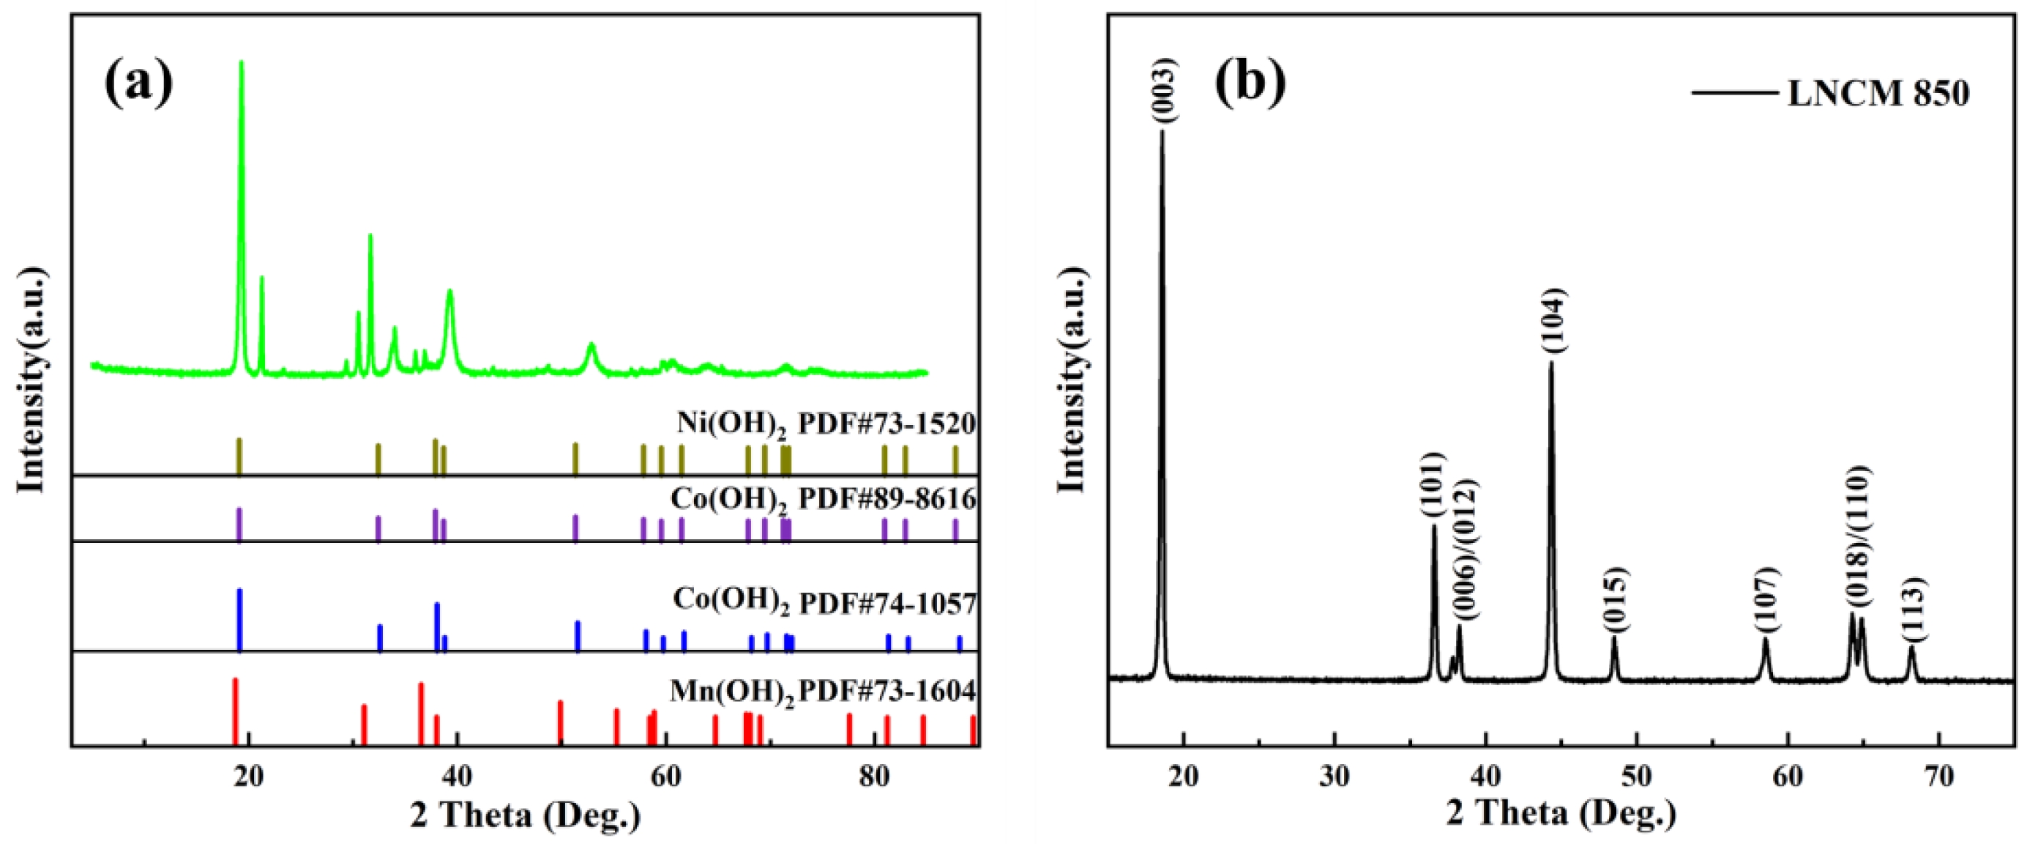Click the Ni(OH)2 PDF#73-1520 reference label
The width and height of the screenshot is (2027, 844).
pos(826,424)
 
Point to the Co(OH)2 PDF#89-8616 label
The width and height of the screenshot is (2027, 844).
pos(823,500)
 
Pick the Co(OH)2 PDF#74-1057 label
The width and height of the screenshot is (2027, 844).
pos(824,603)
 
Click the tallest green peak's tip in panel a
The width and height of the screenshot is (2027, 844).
pos(241,62)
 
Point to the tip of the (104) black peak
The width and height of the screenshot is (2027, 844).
pos(1551,363)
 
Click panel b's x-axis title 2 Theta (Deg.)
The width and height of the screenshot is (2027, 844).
pos(1561,815)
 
